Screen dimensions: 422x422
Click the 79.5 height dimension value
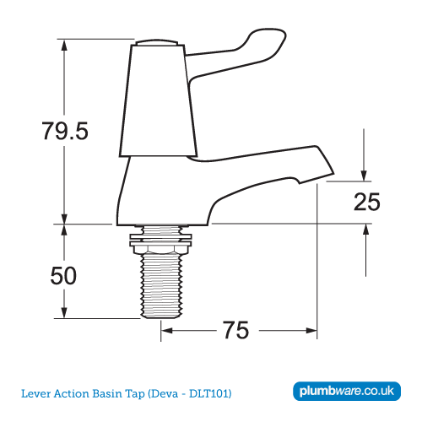(x=65, y=131)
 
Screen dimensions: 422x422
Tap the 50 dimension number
(x=64, y=276)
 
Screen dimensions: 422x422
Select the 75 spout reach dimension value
(x=236, y=330)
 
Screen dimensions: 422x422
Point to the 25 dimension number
(x=367, y=202)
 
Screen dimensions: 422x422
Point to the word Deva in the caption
(x=165, y=394)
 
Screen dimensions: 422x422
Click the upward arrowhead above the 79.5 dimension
(x=63, y=45)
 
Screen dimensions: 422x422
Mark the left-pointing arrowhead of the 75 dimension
(x=166, y=330)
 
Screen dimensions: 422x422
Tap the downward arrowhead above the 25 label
(x=365, y=174)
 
